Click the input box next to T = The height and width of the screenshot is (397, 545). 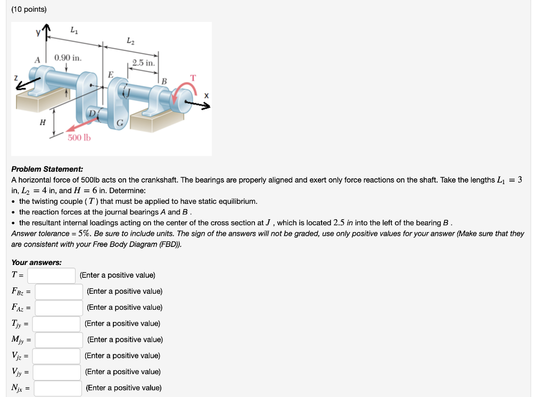pyautogui.click(x=52, y=275)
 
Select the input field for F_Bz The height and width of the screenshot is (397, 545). pyautogui.click(x=59, y=292)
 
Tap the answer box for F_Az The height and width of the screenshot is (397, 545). pyautogui.click(x=59, y=308)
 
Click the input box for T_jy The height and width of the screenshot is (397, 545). pyautogui.click(x=57, y=324)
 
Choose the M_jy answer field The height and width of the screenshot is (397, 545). pyautogui.click(x=59, y=340)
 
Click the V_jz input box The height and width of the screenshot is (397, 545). pyautogui.click(x=57, y=355)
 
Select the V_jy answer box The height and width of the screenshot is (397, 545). pyautogui.click(x=57, y=371)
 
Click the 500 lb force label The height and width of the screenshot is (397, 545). pyautogui.click(x=79, y=138)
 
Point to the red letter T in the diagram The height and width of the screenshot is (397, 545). pyautogui.click(x=193, y=78)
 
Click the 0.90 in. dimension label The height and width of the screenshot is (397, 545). pyautogui.click(x=68, y=57)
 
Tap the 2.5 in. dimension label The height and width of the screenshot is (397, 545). pyautogui.click(x=143, y=63)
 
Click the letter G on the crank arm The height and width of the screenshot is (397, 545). pyautogui.click(x=120, y=123)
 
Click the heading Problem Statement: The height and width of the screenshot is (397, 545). pyautogui.click(x=47, y=169)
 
